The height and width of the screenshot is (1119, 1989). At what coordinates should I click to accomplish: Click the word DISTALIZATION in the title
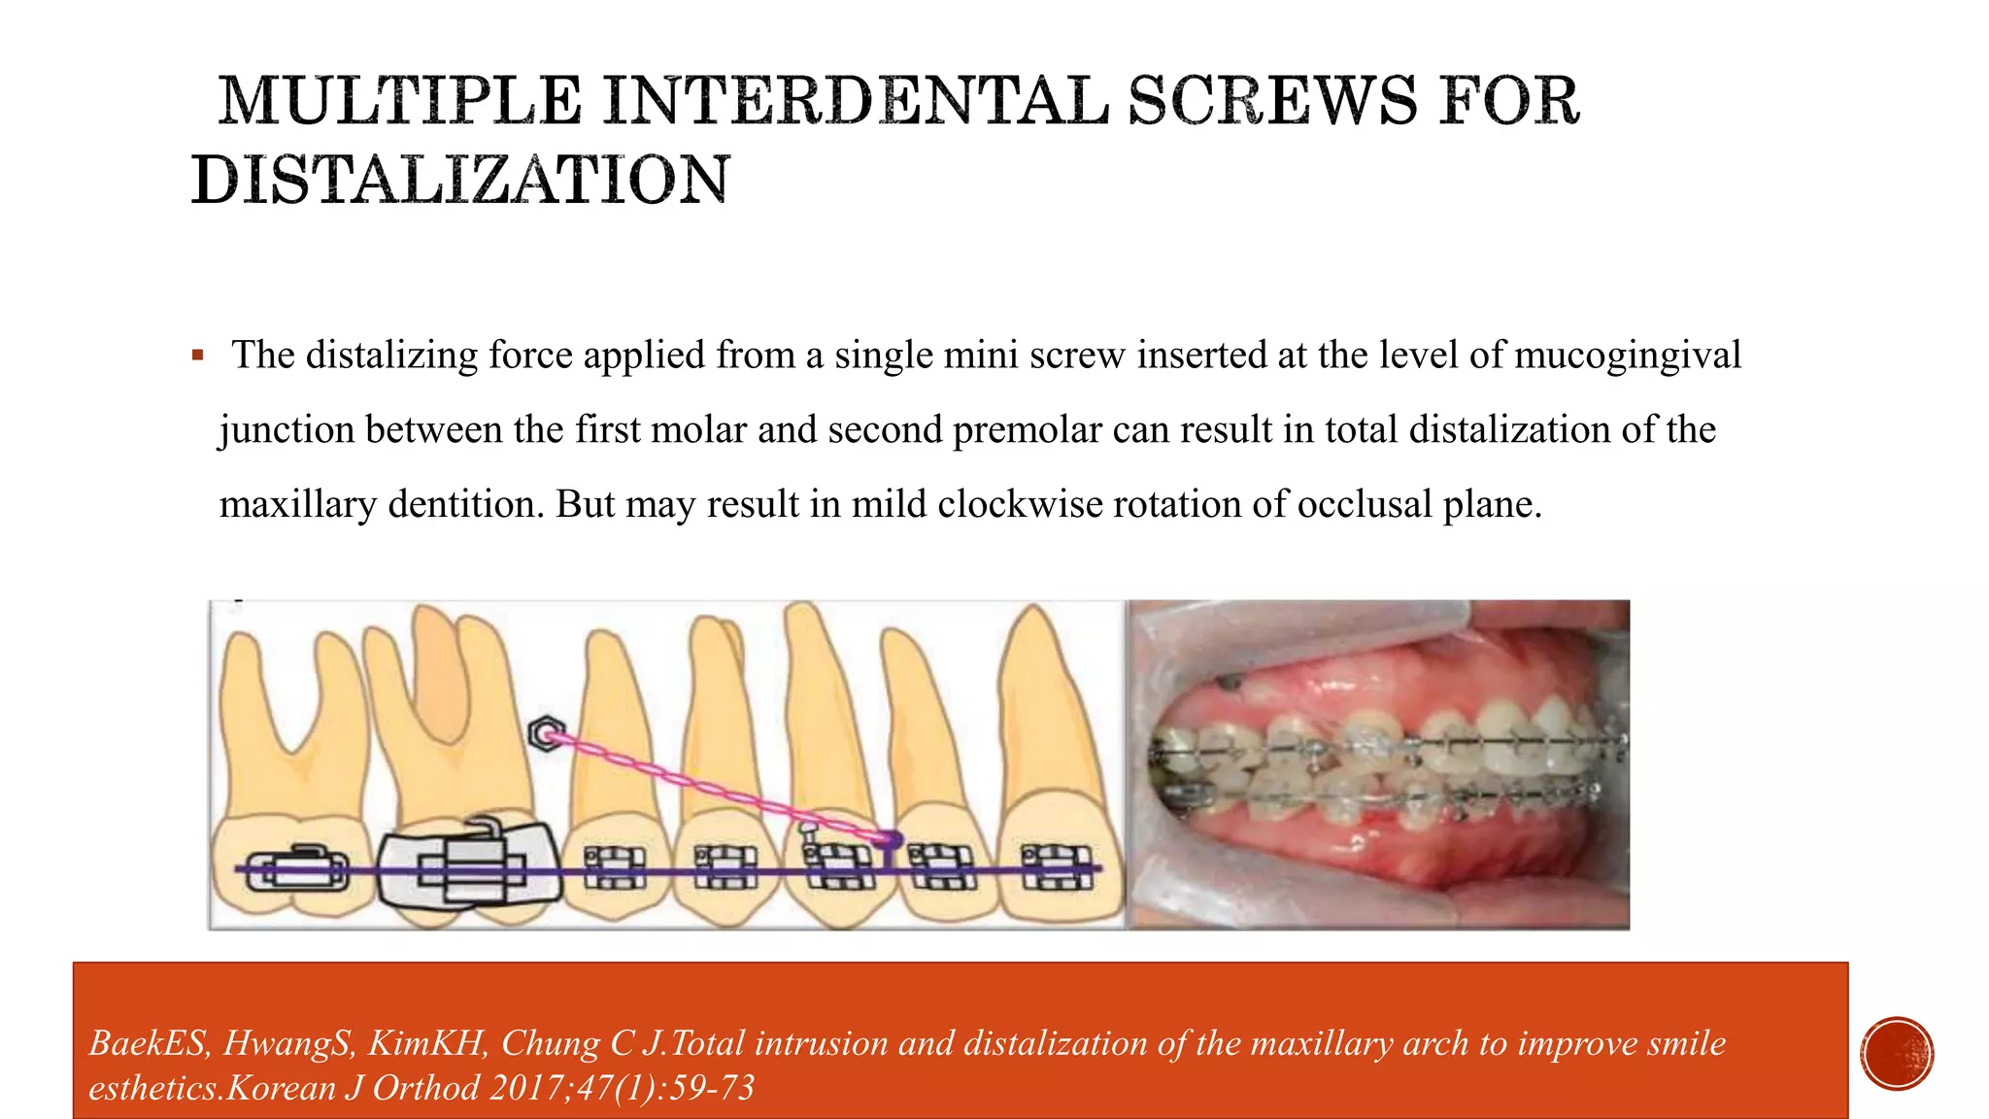pyautogui.click(x=460, y=181)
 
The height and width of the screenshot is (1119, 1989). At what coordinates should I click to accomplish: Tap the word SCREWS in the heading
pyautogui.click(x=1271, y=101)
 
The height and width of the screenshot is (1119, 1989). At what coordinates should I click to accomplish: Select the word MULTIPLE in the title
pyautogui.click(x=399, y=101)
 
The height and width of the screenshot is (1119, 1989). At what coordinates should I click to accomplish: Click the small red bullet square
pyautogui.click(x=198, y=356)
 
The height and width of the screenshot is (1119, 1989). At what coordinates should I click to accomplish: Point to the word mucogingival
pyautogui.click(x=1627, y=356)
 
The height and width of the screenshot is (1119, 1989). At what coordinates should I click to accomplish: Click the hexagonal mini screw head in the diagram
pyautogui.click(x=547, y=733)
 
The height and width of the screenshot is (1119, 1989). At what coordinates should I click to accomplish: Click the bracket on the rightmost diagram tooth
pyautogui.click(x=1057, y=866)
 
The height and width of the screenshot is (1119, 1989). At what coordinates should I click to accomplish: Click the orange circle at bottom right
pyautogui.click(x=1897, y=1053)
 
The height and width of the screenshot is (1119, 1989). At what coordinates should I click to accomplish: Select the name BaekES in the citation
pyautogui.click(x=147, y=1043)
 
